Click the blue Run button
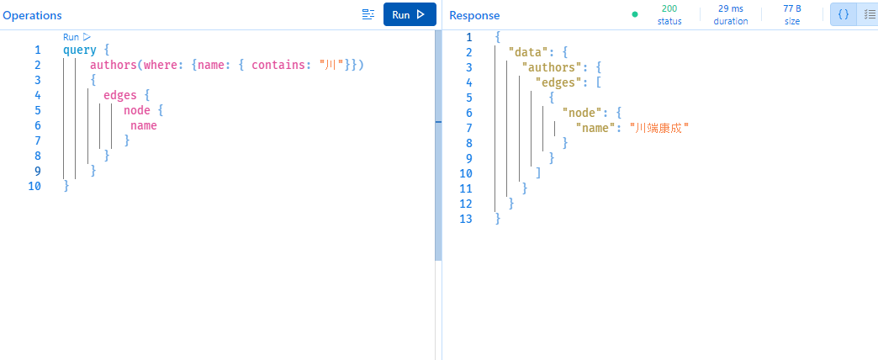[x=410, y=14]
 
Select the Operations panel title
[x=31, y=15]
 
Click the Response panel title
[x=474, y=15]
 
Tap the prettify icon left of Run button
[x=368, y=14]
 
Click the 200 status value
[x=669, y=8]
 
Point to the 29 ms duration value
[x=731, y=8]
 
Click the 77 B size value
[x=792, y=8]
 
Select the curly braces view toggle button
[x=844, y=14]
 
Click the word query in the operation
[x=80, y=50]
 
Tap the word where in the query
[x=161, y=65]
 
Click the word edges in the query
[x=119, y=95]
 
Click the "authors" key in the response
[x=550, y=67]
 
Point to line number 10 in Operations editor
[x=34, y=186]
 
